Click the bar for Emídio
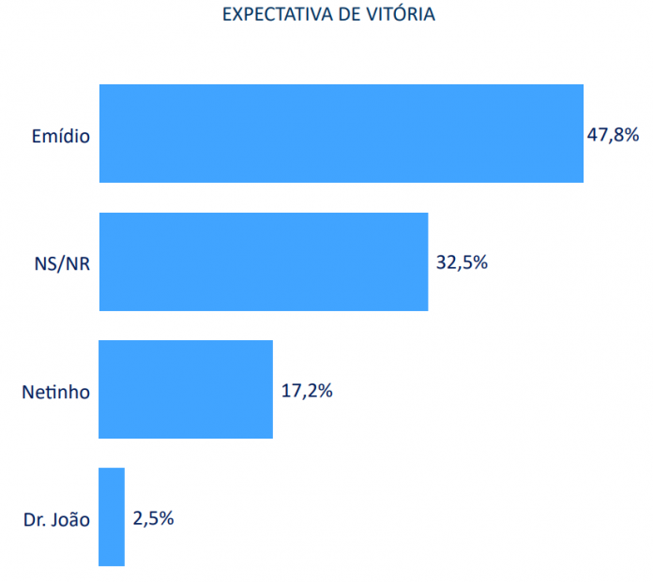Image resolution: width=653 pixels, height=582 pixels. [341, 134]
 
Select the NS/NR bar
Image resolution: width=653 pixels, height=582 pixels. [263, 261]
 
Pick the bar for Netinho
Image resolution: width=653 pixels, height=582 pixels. [185, 389]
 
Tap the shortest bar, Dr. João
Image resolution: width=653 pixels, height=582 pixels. [111, 516]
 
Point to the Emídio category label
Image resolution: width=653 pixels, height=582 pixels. [61, 137]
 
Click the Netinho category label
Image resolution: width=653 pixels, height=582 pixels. [55, 392]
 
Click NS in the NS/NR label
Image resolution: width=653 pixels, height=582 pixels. [43, 264]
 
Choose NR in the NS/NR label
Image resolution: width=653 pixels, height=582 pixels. [77, 264]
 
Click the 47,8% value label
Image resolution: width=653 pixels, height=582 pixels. [613, 135]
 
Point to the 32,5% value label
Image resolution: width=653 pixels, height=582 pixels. [462, 262]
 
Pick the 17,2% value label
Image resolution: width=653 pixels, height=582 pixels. [307, 390]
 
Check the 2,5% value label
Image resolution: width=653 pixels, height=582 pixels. [153, 517]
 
